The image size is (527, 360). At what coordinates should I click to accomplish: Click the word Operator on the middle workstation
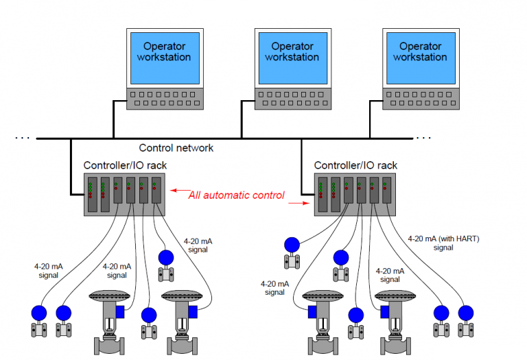(x=292, y=47)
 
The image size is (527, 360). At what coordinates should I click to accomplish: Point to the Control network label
(x=176, y=147)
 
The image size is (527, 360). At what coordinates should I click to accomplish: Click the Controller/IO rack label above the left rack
(x=125, y=165)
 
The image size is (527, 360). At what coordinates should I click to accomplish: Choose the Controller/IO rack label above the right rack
(x=355, y=165)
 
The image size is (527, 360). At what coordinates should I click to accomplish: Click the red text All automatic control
(x=236, y=195)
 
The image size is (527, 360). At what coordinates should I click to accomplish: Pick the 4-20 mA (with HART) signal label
(x=443, y=243)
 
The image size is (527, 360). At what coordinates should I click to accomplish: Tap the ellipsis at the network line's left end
(x=22, y=138)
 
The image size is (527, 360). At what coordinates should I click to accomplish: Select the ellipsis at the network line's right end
(x=423, y=138)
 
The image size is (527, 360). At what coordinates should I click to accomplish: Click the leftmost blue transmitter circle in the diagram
(x=38, y=313)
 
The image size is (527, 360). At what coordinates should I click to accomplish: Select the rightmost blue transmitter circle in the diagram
(x=466, y=313)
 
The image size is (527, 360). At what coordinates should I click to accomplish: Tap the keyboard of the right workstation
(x=419, y=98)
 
